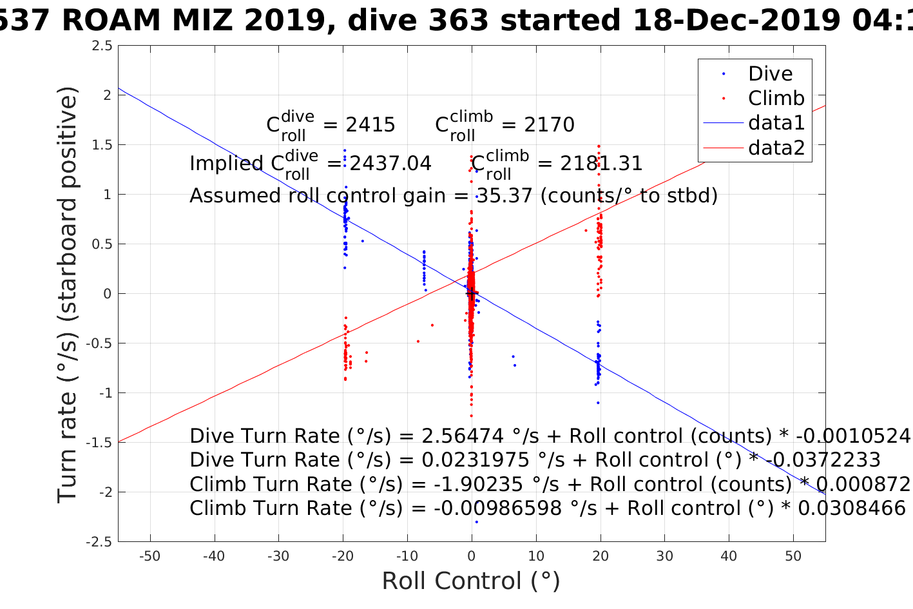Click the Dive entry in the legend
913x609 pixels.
[770, 74]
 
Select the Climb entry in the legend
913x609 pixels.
[776, 99]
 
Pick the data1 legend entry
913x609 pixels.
[776, 123]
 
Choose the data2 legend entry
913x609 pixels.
[776, 148]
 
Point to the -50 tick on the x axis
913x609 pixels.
[149, 556]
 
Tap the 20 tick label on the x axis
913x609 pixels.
[601, 556]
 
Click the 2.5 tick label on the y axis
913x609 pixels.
[102, 46]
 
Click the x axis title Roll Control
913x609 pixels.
[471, 581]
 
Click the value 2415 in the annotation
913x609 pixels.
[370, 125]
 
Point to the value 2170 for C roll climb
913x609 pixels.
[549, 125]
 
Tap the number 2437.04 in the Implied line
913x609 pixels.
[390, 164]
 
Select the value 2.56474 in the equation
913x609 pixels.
[462, 436]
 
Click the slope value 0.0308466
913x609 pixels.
[852, 508]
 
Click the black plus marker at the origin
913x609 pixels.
[472, 294]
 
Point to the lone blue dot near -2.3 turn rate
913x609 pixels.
[476, 522]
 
